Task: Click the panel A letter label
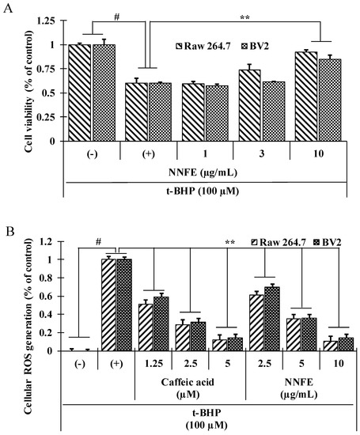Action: pyautogui.click(x=9, y=9)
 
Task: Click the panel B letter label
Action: pyautogui.click(x=9, y=231)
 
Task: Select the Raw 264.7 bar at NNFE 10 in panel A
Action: pyautogui.click(x=306, y=96)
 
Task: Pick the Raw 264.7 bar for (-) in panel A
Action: pyautogui.click(x=80, y=93)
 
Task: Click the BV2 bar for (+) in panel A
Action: pyautogui.click(x=160, y=112)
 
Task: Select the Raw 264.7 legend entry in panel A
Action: pyautogui.click(x=203, y=46)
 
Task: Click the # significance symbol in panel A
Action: pyautogui.click(x=116, y=17)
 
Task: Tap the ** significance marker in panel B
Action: pyautogui.click(x=230, y=242)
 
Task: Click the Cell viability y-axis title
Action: pyautogui.click(x=28, y=91)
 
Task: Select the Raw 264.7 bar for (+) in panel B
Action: pyautogui.click(x=108, y=304)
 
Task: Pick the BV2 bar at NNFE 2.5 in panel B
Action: pyautogui.click(x=272, y=319)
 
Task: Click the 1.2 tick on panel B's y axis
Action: pyautogui.click(x=46, y=241)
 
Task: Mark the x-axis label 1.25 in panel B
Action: pyautogui.click(x=153, y=364)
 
